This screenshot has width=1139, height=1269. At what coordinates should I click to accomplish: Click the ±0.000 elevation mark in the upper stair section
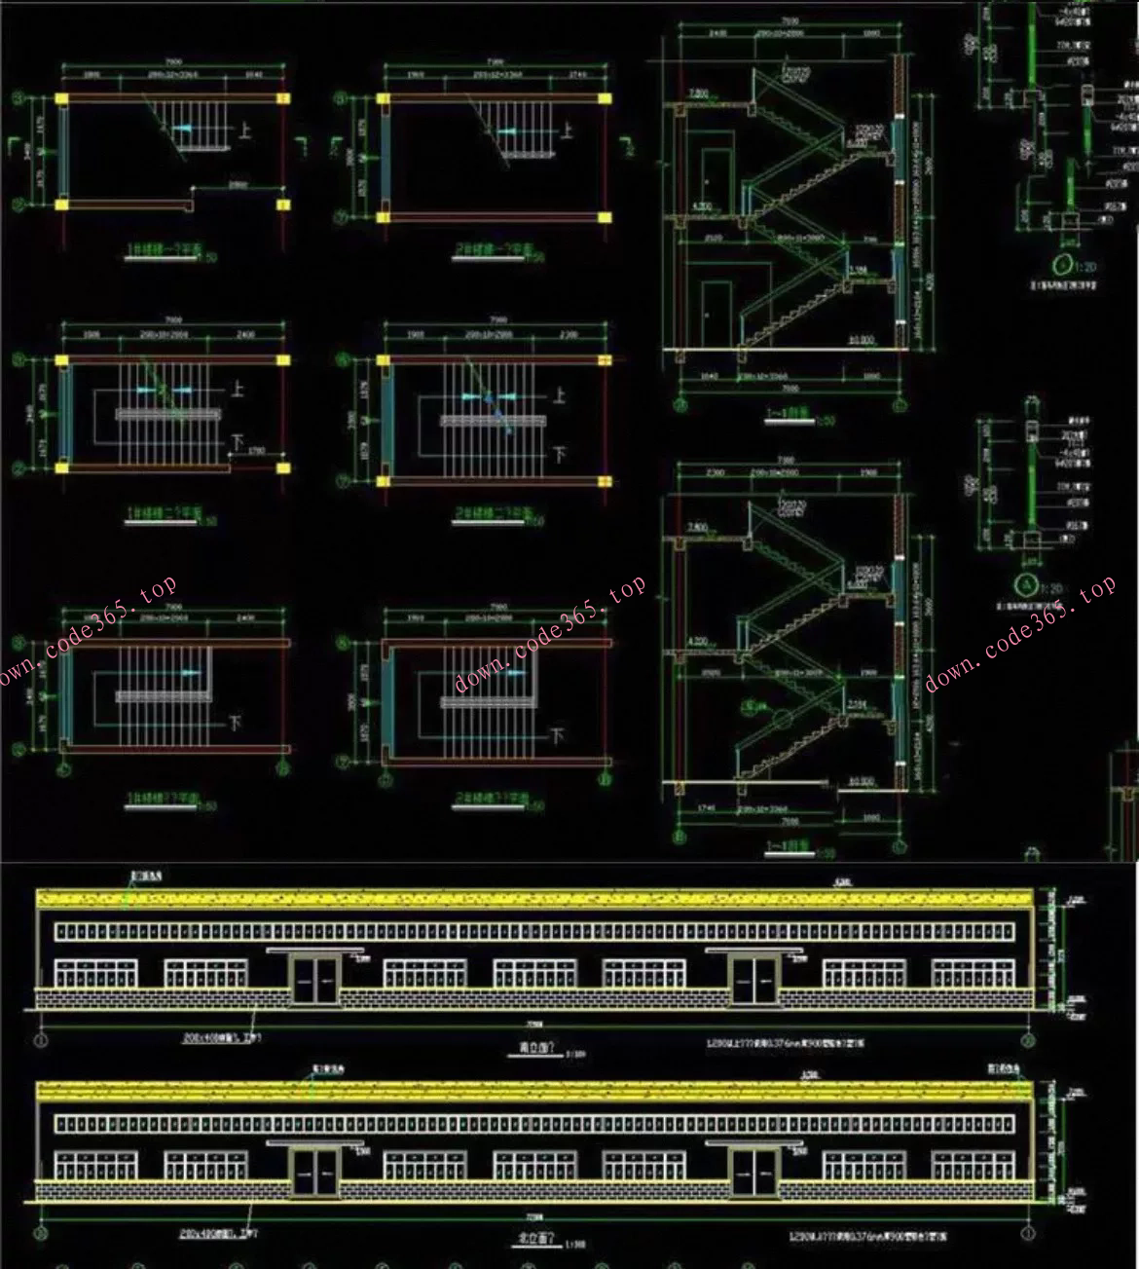pyautogui.click(x=861, y=340)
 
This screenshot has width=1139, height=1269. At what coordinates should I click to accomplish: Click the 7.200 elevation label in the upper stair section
pyautogui.click(x=698, y=93)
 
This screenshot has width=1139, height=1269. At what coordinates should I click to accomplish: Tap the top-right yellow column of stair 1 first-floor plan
pyautogui.click(x=282, y=98)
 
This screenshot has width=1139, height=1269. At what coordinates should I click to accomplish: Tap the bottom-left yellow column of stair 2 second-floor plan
pyautogui.click(x=386, y=479)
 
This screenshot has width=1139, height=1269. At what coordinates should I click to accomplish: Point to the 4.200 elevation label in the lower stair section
pyautogui.click(x=699, y=642)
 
